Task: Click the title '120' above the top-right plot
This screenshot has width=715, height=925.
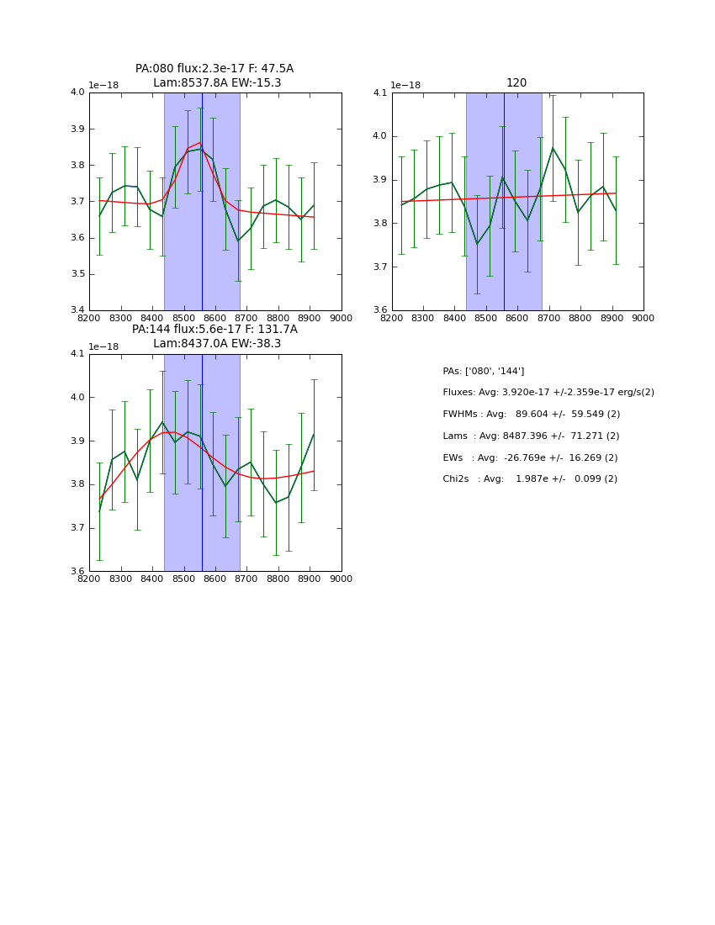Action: (x=516, y=83)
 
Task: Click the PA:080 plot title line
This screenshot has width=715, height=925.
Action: (x=214, y=69)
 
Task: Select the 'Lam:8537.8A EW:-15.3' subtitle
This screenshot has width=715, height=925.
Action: (x=217, y=83)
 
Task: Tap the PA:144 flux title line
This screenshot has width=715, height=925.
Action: (x=214, y=330)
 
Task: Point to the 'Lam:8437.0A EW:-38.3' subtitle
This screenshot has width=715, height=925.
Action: (x=217, y=344)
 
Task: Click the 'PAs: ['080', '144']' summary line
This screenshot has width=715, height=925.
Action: (x=484, y=371)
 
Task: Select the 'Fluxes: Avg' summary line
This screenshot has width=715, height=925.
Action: (x=548, y=393)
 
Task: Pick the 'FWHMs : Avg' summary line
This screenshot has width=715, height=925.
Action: (x=532, y=415)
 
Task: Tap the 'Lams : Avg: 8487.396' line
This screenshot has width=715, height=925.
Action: (x=531, y=436)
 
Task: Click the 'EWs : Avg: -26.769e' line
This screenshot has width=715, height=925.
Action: (x=530, y=457)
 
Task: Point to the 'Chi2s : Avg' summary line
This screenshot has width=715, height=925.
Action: (x=530, y=479)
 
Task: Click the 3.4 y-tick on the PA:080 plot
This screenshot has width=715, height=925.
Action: (x=77, y=310)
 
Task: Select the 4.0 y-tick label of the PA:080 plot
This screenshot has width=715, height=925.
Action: (x=77, y=92)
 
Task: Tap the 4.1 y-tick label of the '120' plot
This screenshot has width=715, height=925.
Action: (x=380, y=92)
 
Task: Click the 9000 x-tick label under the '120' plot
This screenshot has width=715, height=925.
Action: (x=643, y=319)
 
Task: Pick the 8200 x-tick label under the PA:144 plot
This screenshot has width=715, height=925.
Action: (x=89, y=579)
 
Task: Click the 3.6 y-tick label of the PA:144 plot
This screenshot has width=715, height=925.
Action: (x=77, y=572)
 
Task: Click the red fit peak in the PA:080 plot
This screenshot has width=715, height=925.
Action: (x=200, y=143)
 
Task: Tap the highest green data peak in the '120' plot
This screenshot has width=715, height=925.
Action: (x=553, y=148)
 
